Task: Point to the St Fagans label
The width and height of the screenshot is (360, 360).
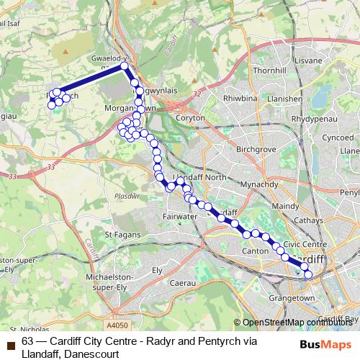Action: click(121, 234)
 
